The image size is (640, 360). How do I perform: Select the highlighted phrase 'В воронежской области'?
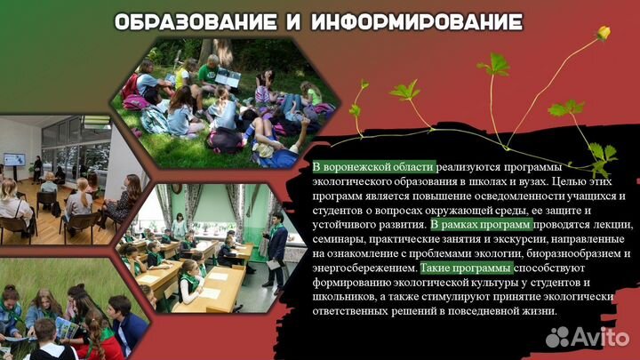point(373,168)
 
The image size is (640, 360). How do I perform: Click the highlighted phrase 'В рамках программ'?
point(481,225)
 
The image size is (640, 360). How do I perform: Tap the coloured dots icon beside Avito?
point(558,336)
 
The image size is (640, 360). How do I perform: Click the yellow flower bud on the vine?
point(603,33)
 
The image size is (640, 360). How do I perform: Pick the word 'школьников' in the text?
point(347,297)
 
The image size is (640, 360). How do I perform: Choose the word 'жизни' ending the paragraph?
point(537,311)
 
